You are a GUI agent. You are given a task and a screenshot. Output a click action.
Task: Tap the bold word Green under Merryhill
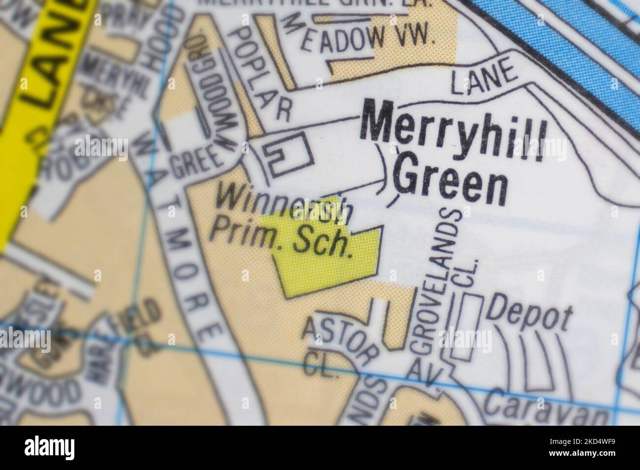tap(451, 182)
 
